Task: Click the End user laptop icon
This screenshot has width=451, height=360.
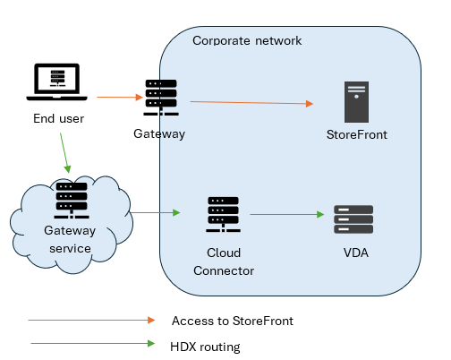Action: (x=56, y=81)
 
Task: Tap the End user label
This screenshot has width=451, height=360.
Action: (x=58, y=118)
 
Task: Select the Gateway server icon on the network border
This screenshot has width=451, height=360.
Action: (x=161, y=98)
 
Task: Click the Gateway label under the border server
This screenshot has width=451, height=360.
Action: (x=159, y=133)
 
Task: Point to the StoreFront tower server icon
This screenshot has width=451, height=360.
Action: (x=356, y=102)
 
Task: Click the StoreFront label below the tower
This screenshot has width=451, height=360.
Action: (x=357, y=134)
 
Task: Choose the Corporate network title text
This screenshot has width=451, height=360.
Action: (x=247, y=40)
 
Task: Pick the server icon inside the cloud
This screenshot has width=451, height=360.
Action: (x=72, y=201)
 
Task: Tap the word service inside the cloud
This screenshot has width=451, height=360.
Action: (x=70, y=248)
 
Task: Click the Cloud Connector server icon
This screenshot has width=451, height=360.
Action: (x=223, y=214)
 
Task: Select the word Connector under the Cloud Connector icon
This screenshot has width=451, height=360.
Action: (x=224, y=270)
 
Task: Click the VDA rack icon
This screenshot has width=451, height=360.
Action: (x=353, y=219)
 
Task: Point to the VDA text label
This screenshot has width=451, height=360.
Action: (x=356, y=253)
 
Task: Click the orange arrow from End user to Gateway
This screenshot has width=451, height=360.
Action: (x=120, y=97)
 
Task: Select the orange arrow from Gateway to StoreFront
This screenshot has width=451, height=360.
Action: (x=251, y=103)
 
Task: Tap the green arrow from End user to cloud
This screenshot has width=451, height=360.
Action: (x=64, y=153)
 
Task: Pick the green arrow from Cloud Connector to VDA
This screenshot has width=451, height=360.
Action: (x=287, y=214)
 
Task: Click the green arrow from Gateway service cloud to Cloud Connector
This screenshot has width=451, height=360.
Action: (x=155, y=212)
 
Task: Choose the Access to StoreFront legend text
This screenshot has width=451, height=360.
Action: (x=233, y=321)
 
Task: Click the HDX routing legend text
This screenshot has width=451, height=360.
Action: (x=205, y=347)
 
